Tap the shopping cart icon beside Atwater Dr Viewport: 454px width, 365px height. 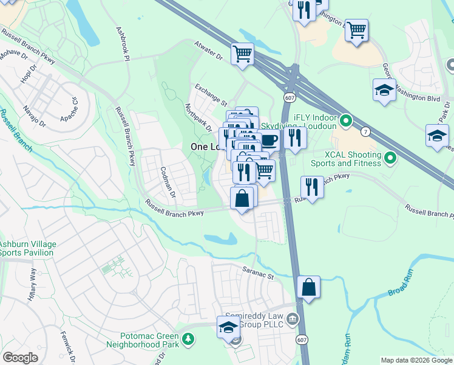pyautogui.click(x=242, y=54)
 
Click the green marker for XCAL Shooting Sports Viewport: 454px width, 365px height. pyautogui.click(x=390, y=159)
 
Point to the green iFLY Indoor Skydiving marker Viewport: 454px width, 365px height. pyautogui.click(x=346, y=122)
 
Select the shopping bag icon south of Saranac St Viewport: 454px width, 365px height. pyautogui.click(x=309, y=287)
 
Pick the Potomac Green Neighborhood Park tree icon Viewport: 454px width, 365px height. pyautogui.click(x=189, y=338)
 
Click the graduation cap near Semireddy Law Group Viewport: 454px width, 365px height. pyautogui.click(x=228, y=327)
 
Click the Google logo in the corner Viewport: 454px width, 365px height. pyautogui.click(x=21, y=358)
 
